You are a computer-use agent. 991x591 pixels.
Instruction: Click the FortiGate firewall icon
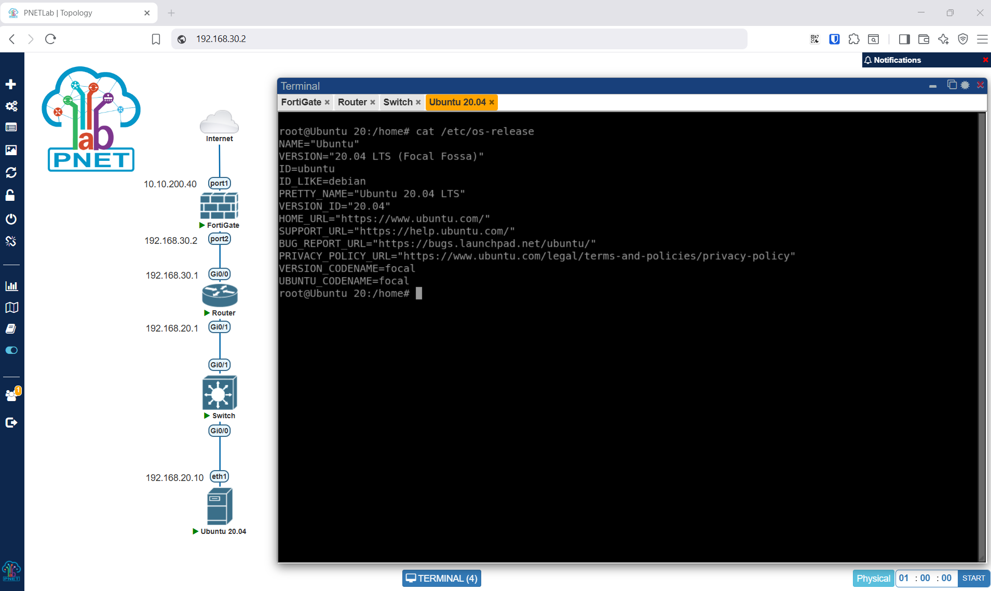pos(219,205)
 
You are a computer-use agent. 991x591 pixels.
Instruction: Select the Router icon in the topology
pos(220,295)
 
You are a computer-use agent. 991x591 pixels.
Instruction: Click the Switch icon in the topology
pos(220,393)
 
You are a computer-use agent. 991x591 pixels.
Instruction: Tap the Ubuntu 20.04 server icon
pos(220,506)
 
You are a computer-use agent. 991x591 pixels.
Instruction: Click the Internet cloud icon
pos(219,122)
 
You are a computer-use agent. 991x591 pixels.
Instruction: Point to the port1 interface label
pos(219,183)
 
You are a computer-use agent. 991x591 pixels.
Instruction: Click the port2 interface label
pos(219,239)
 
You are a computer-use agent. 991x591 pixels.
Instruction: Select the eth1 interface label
pos(219,476)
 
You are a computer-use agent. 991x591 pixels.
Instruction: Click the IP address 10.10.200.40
pos(170,184)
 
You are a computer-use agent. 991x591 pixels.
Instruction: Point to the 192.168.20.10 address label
pos(174,478)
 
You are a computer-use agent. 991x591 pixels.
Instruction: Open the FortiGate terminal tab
pos(301,102)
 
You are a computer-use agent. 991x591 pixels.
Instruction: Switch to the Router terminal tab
pos(352,102)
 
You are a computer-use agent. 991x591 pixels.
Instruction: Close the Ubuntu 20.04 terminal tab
pos(492,102)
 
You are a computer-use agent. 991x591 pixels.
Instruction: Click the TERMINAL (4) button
pos(442,578)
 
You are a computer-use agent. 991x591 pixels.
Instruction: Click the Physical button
pos(873,578)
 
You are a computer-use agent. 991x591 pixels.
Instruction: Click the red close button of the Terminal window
pos(980,85)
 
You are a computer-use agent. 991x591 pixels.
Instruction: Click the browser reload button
pos(50,39)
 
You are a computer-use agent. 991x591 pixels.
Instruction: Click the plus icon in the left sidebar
pos(11,84)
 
